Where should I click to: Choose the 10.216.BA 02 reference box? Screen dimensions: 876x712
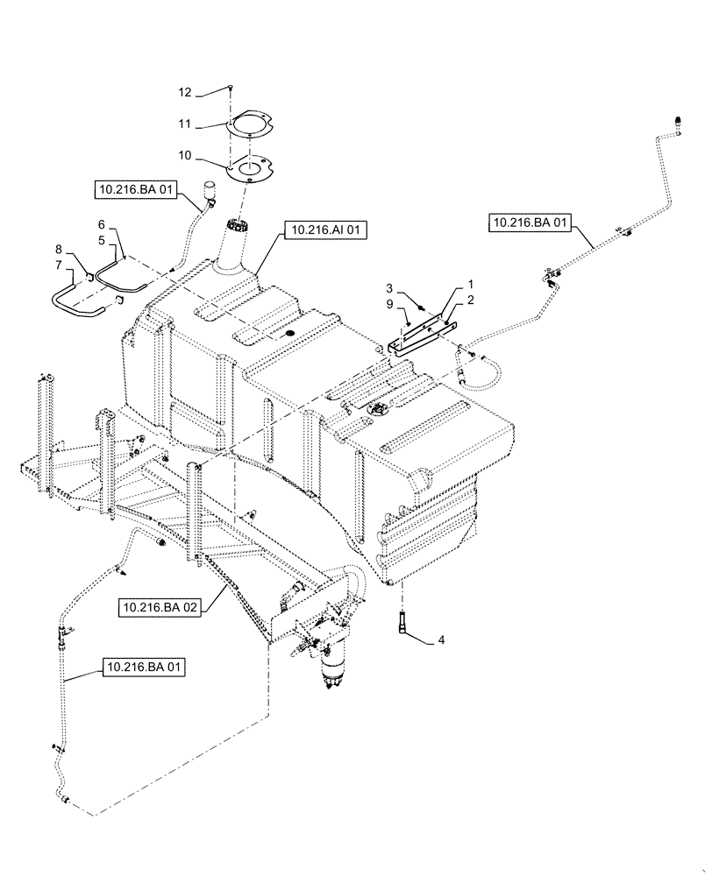click(161, 607)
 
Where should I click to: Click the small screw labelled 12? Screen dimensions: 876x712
click(229, 88)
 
